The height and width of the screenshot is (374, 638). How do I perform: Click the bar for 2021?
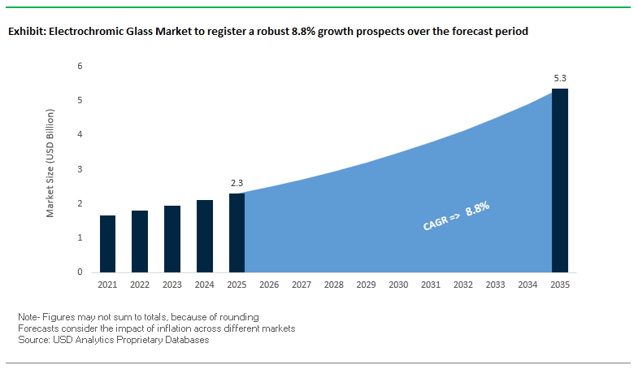107,244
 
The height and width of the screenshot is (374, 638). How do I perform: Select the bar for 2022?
140,241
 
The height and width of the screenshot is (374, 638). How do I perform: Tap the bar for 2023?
172,239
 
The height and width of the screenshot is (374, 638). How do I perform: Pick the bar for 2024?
205,236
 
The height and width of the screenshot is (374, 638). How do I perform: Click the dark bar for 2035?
560,180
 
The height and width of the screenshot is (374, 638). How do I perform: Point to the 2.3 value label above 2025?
237,183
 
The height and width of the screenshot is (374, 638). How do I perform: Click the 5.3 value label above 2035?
560,79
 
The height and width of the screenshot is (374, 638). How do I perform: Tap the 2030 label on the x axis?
398,286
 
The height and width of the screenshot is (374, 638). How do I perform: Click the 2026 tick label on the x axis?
269,286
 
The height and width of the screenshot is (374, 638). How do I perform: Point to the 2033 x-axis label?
495,286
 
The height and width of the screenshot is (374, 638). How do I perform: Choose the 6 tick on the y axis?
80,66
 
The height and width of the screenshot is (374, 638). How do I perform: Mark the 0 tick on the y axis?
80,272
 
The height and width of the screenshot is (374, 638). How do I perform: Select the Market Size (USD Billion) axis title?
50,169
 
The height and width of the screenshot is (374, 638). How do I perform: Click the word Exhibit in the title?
27,33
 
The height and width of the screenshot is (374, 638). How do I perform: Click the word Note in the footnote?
28,315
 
